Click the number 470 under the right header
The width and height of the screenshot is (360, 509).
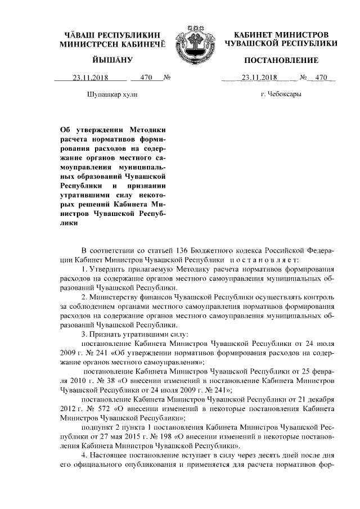coord(321,78)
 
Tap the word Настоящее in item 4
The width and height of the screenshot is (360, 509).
coord(112,456)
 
